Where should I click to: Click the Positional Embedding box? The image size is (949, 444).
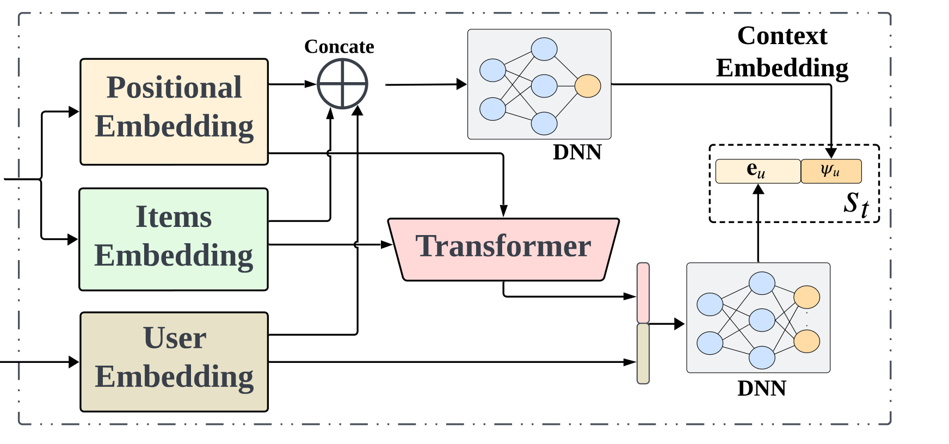pyautogui.click(x=174, y=112)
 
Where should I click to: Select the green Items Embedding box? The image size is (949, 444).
pyautogui.click(x=174, y=239)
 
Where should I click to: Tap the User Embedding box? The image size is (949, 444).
pyautogui.click(x=174, y=362)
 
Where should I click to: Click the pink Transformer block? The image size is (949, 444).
pyautogui.click(x=503, y=250)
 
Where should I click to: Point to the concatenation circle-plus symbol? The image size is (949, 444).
pyautogui.click(x=343, y=84)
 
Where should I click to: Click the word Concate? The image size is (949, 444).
pyautogui.click(x=339, y=47)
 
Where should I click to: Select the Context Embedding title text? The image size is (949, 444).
pyautogui.click(x=782, y=52)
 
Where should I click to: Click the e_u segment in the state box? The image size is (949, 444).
pyautogui.click(x=758, y=171)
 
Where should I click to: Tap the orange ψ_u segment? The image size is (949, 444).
pyautogui.click(x=831, y=171)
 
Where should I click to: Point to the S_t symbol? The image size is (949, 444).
pyautogui.click(x=856, y=204)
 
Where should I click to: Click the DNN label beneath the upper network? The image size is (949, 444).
pyautogui.click(x=577, y=152)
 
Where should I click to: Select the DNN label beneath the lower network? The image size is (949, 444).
pyautogui.click(x=762, y=388)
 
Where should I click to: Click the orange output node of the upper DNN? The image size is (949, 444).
pyautogui.click(x=588, y=86)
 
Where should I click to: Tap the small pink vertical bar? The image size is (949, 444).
pyautogui.click(x=643, y=293)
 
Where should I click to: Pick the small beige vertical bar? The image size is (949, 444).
pyautogui.click(x=643, y=354)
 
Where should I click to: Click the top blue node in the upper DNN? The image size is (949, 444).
pyautogui.click(x=544, y=49)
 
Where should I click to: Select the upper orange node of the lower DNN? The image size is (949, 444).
pyautogui.click(x=806, y=297)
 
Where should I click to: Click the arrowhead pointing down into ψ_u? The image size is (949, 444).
pyautogui.click(x=831, y=153)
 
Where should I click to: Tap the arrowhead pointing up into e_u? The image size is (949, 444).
pyautogui.click(x=758, y=189)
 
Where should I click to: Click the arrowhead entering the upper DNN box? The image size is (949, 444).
pyautogui.click(x=461, y=84)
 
